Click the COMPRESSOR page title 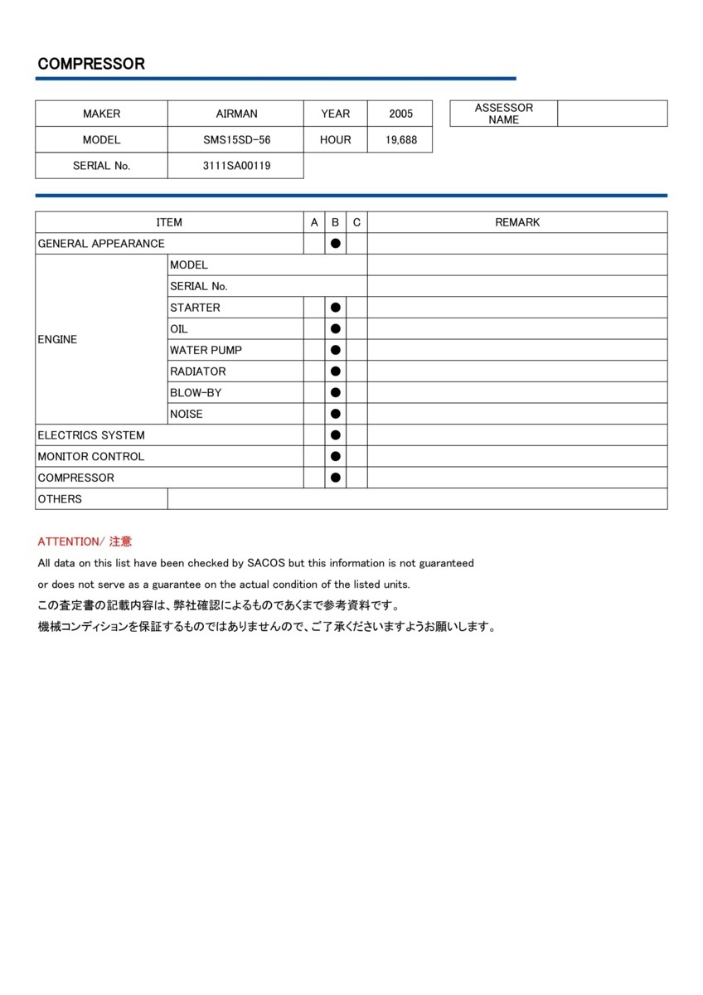point(91,64)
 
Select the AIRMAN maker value point(236,114)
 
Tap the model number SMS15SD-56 point(236,140)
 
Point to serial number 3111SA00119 point(236,166)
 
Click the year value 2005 point(401,114)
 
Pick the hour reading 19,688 point(401,140)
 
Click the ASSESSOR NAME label point(503,114)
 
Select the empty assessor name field point(612,114)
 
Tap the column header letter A point(314,222)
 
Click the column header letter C point(356,222)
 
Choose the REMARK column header point(517,222)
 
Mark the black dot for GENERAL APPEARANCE point(336,244)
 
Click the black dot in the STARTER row point(336,308)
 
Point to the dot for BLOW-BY point(336,393)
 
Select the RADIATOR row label point(197,371)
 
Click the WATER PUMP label point(206,350)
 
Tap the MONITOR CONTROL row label point(90,457)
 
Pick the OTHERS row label point(60,499)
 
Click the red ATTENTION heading point(85,541)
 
